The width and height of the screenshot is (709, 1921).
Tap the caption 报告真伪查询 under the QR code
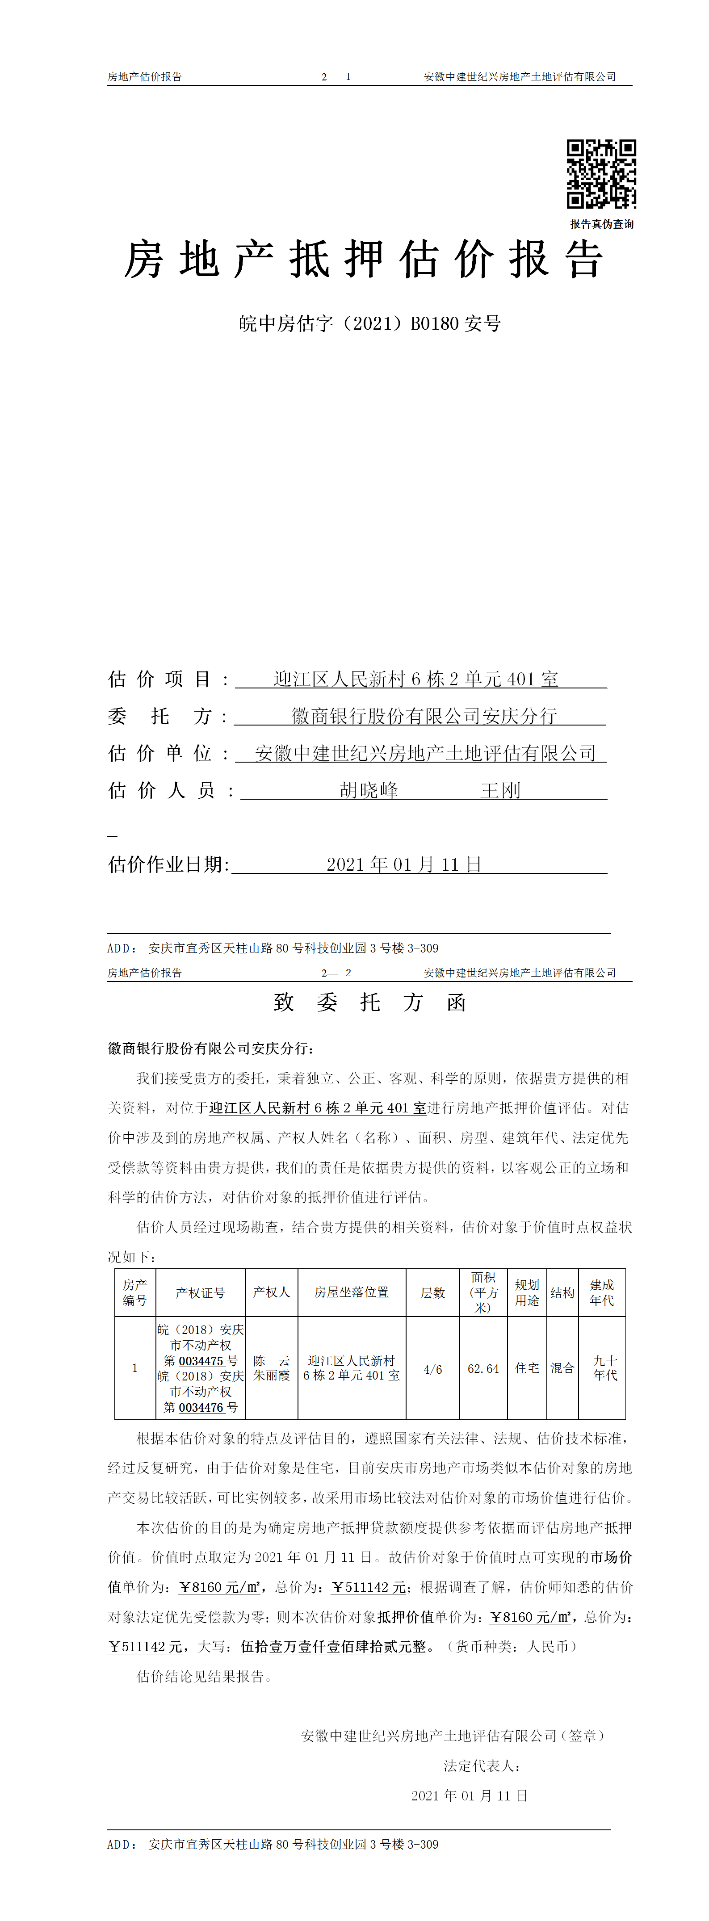click(602, 224)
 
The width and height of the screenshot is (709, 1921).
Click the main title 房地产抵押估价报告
click(363, 260)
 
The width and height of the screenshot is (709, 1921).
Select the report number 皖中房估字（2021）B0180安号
click(370, 323)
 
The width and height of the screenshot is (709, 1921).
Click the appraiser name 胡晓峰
click(369, 790)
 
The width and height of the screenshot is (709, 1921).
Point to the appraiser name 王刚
click(500, 790)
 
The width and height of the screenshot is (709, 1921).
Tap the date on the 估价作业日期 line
click(404, 864)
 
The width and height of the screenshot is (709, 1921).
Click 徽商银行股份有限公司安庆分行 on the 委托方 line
click(424, 716)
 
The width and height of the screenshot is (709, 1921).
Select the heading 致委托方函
click(370, 1002)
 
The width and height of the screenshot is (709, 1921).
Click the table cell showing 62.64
click(483, 1368)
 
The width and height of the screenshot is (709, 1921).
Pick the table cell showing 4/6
click(432, 1368)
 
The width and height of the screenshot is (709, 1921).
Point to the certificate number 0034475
click(201, 1361)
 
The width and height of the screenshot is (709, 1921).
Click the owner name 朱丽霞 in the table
click(271, 1375)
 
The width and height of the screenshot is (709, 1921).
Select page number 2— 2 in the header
click(336, 973)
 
